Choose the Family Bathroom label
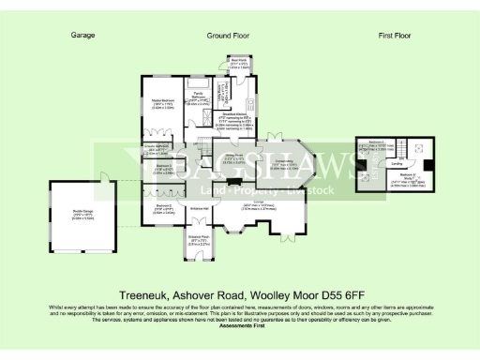click(198, 97)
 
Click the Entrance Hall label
click(199, 207)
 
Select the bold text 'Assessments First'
click(240, 326)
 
